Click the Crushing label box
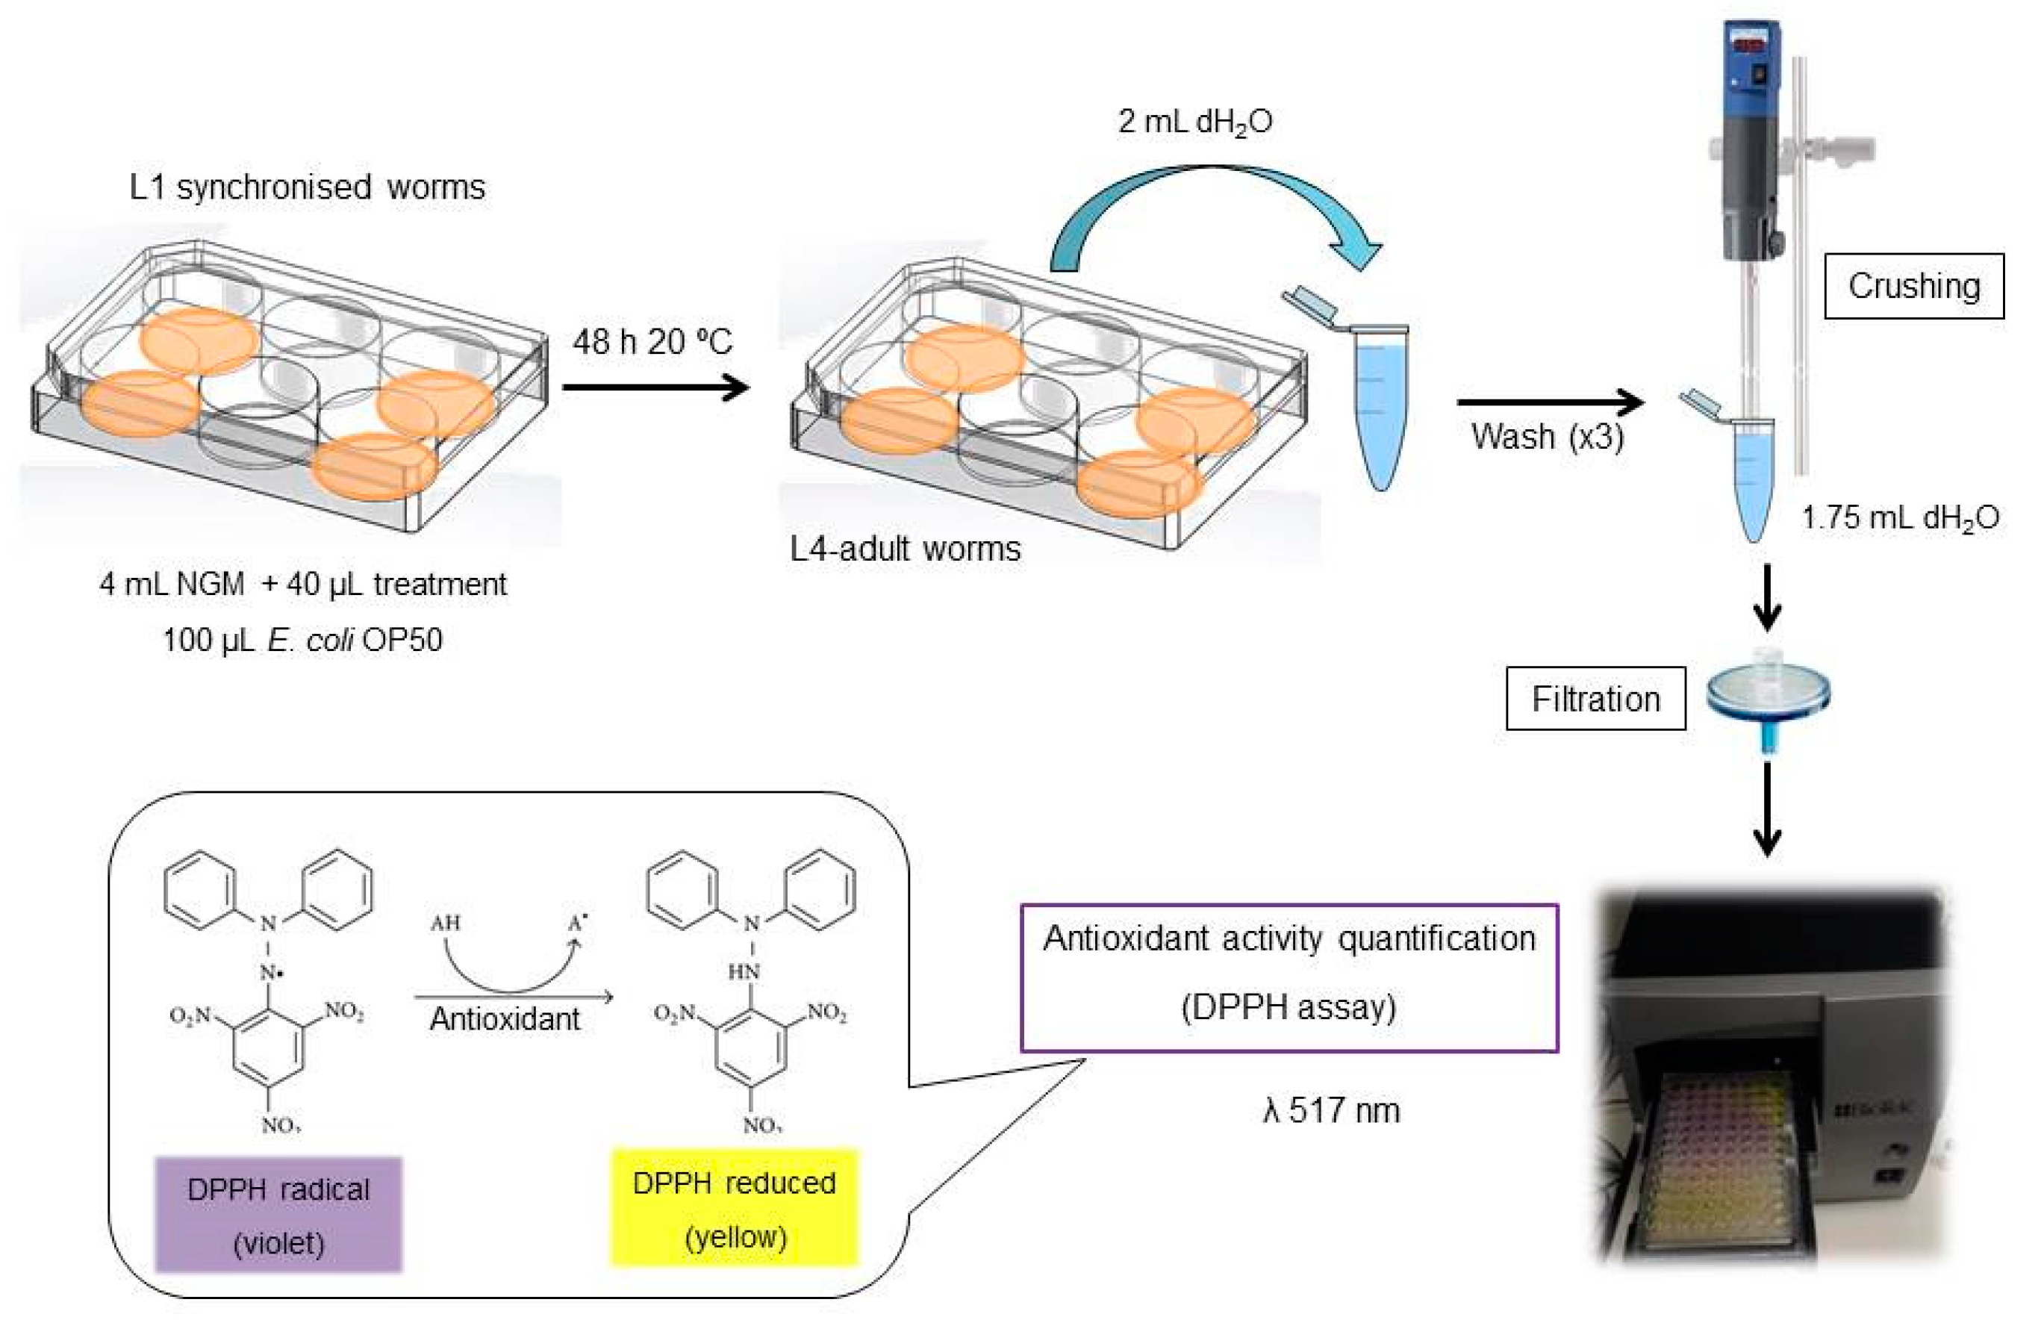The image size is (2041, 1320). point(1913,286)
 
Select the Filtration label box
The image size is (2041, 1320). point(1595,699)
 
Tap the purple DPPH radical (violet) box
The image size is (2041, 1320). point(278,1214)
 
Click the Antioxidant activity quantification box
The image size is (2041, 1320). point(1288,977)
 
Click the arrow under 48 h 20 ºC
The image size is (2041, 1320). point(655,387)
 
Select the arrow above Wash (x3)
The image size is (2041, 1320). point(1549,401)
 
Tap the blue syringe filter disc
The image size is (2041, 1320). point(1768,693)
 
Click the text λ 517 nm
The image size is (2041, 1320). point(1330,1111)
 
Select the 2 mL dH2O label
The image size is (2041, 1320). point(1194,122)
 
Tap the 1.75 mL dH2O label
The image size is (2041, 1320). point(1900,517)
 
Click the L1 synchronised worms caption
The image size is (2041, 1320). point(307,187)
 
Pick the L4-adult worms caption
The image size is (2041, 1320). point(905,549)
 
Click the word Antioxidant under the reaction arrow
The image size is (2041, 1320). point(505,1019)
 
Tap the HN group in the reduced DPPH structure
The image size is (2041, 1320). point(743,972)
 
